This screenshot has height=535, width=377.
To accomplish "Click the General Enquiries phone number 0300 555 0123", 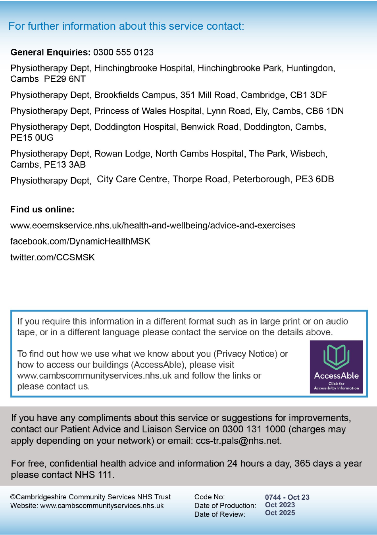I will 123,52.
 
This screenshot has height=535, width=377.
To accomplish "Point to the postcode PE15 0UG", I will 32,138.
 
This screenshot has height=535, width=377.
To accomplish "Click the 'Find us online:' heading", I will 42,209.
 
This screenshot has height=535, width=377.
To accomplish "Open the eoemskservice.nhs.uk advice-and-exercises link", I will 153,225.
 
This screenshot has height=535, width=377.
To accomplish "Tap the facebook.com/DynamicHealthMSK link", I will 80,241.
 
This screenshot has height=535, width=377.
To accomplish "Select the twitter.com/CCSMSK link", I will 52,257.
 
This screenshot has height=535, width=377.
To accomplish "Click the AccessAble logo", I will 336,367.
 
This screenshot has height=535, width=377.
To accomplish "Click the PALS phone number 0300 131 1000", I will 254,429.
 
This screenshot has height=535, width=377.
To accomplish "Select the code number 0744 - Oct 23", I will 287,497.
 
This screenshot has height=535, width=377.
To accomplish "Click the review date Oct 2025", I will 280,513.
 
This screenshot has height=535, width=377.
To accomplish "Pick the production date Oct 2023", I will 280,505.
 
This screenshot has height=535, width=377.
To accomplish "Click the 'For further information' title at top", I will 126,26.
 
